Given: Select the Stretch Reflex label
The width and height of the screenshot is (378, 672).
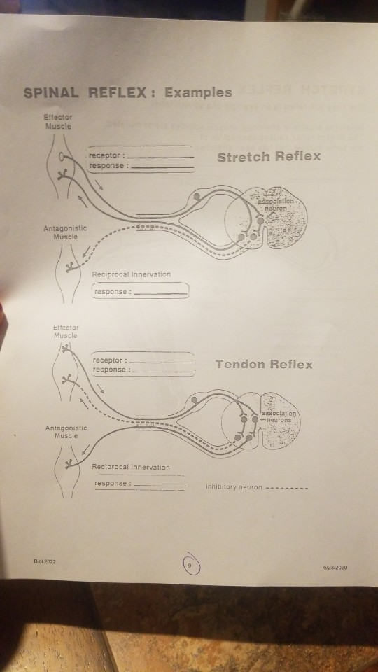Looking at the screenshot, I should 269,156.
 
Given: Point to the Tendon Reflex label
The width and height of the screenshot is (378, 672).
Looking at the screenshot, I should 264,364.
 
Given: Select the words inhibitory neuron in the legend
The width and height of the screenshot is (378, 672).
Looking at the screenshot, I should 233,487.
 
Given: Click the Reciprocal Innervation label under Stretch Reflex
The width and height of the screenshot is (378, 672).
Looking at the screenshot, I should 131,274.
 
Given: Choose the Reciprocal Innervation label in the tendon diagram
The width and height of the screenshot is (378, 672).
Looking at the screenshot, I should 131,467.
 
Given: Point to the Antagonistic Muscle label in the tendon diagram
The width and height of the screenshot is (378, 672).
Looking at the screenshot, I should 66,431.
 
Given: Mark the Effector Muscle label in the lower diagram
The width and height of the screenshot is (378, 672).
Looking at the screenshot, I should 66,331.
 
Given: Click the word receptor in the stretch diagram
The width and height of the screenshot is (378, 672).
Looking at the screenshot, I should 106,155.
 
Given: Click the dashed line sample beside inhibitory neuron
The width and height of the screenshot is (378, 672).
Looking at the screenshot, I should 288,487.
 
